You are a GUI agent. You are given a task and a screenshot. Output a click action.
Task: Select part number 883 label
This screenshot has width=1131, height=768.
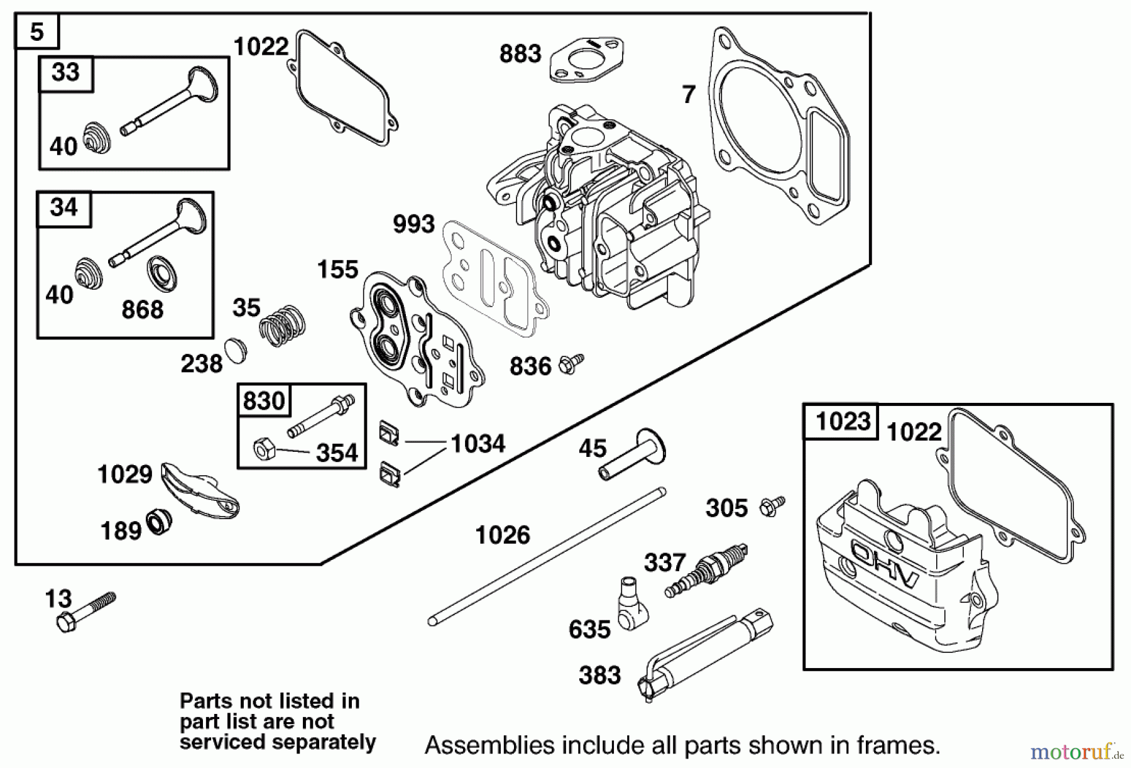tap(520, 53)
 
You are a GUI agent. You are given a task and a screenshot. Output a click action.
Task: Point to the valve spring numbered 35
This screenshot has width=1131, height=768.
tap(282, 324)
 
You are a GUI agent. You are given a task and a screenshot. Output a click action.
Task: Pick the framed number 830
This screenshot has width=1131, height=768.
tap(264, 400)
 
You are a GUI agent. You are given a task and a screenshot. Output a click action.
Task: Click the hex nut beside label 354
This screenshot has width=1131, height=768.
tap(262, 449)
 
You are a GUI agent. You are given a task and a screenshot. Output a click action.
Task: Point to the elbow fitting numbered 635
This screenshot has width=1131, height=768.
tap(629, 605)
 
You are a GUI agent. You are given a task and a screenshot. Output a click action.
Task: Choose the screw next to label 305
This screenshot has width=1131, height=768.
tap(772, 507)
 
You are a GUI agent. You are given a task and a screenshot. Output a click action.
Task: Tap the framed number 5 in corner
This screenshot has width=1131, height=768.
tap(36, 31)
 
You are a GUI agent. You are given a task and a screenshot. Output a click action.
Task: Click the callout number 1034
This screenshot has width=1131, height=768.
tap(478, 444)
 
